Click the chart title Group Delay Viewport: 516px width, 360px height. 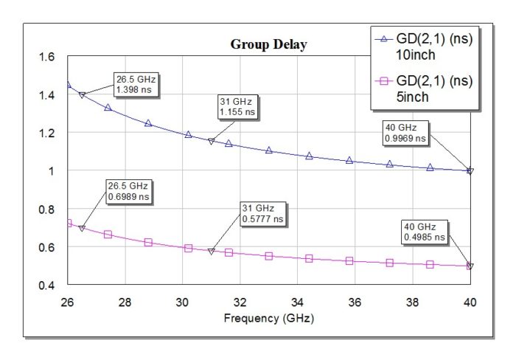[268, 44]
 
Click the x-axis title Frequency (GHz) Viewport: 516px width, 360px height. [268, 319]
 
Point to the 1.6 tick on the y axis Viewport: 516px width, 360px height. [45, 58]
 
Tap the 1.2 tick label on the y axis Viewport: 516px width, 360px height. [45, 134]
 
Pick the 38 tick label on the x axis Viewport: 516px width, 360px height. [413, 302]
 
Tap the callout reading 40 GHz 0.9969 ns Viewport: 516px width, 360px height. [405, 132]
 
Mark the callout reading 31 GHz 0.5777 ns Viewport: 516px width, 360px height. [261, 213]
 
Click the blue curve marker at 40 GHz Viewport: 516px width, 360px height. [470, 170]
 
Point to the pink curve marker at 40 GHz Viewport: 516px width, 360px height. [470, 266]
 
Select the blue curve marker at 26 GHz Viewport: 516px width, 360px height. [68, 85]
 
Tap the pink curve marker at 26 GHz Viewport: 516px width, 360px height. [68, 223]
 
